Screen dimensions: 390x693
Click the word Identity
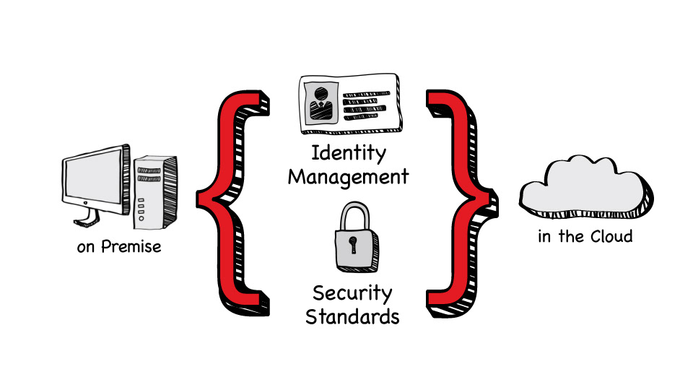(x=349, y=154)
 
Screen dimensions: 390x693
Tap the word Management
(x=349, y=176)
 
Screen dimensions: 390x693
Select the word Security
(x=352, y=294)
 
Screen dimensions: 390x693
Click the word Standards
(x=352, y=316)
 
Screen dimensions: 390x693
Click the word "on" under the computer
(x=86, y=248)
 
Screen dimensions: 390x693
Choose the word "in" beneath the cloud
(x=544, y=236)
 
